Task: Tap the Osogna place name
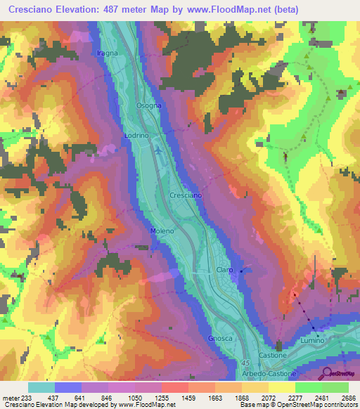coord(148,105)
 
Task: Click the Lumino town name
coord(311,340)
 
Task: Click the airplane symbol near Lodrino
coord(158,149)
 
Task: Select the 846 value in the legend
coord(108,398)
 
